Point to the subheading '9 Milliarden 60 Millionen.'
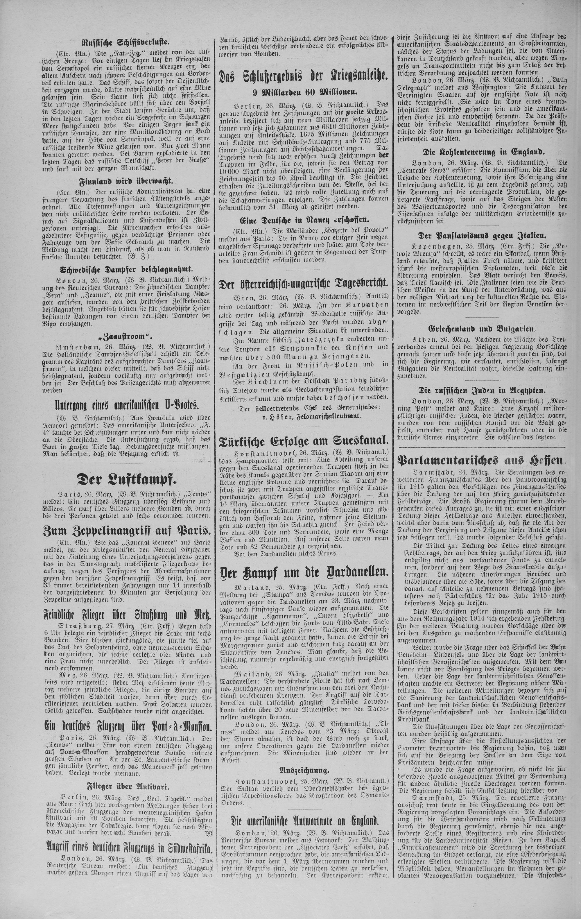303,92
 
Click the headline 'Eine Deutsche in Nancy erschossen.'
303,221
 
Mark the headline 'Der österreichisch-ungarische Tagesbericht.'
303,283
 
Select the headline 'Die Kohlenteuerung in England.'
481,151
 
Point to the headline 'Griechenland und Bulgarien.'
481,329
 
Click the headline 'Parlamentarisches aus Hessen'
481,461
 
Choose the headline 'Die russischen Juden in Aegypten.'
481,390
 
